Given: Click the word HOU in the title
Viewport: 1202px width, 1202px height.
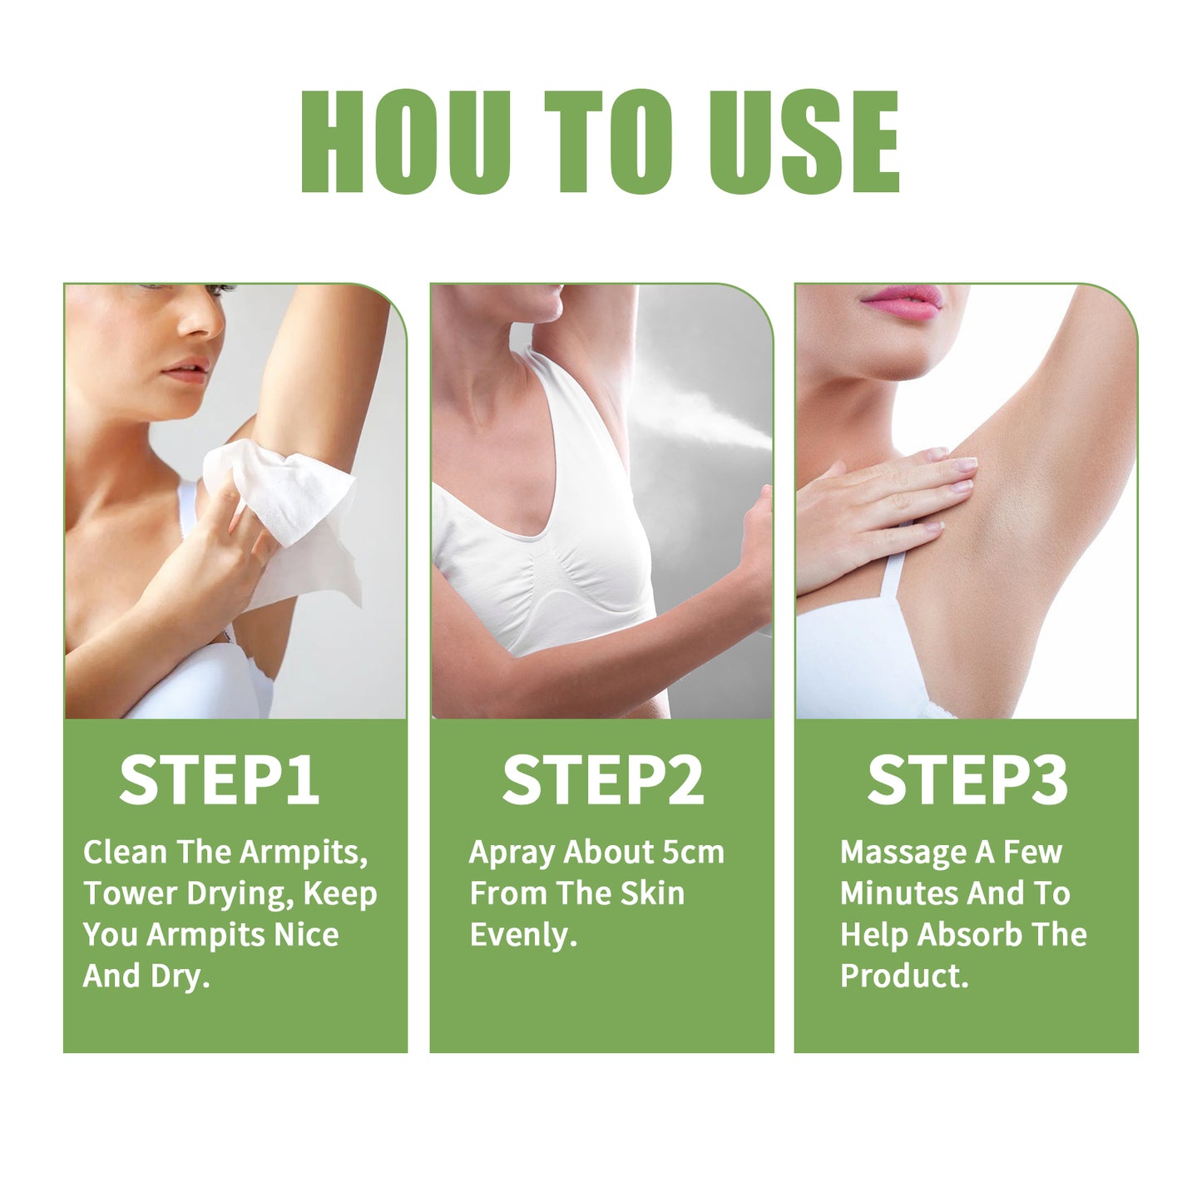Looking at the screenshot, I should point(405,142).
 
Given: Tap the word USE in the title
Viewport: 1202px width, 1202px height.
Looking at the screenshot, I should point(804,142).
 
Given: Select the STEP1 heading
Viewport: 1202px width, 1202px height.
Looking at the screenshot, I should point(219,780).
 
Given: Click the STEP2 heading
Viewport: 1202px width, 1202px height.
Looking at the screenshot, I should point(602,780).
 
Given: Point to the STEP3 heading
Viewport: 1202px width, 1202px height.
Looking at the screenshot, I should point(967,780).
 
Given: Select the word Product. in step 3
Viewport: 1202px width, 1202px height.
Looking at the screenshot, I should point(904,976).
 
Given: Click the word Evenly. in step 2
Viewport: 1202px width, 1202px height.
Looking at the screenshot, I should point(523,935).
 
